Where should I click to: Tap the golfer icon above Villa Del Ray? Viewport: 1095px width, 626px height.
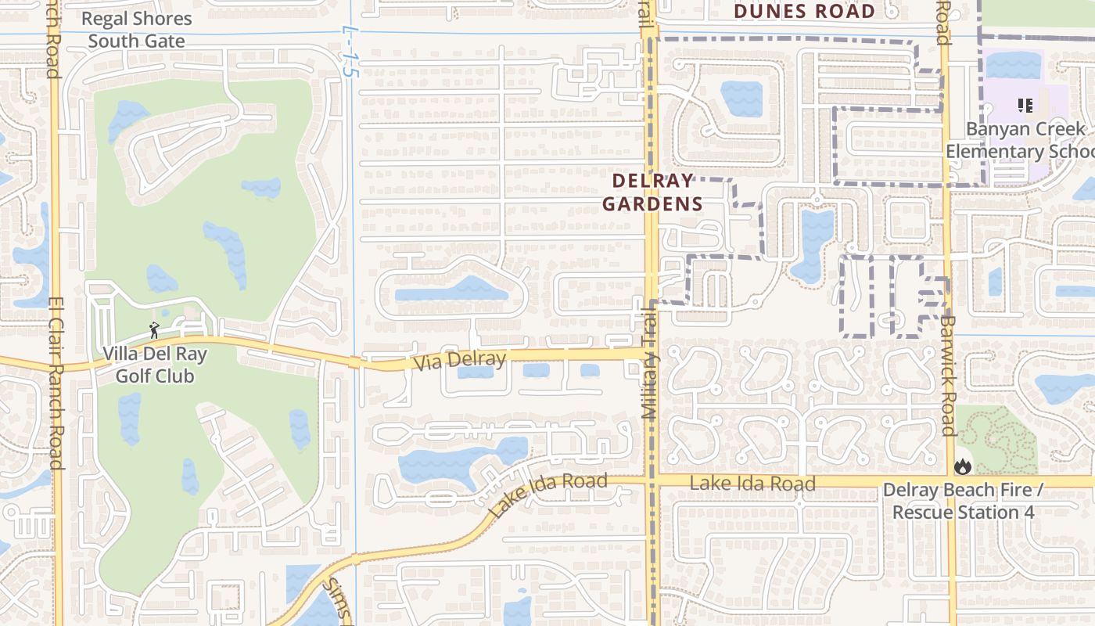pyautogui.click(x=154, y=330)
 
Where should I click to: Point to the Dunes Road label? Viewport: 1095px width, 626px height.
pyautogui.click(x=805, y=12)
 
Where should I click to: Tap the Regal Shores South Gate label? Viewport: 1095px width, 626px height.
pyautogui.click(x=136, y=30)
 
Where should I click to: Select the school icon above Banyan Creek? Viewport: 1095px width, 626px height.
pyautogui.click(x=1025, y=105)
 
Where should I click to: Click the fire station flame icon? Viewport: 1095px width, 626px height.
pyautogui.click(x=962, y=466)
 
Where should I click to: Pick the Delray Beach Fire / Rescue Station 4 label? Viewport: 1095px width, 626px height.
pyautogui.click(x=963, y=502)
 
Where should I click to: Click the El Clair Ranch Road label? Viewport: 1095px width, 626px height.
pyautogui.click(x=55, y=383)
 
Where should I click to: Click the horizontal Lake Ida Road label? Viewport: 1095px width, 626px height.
pyautogui.click(x=752, y=484)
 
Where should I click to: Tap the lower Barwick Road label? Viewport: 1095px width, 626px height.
pyautogui.click(x=948, y=376)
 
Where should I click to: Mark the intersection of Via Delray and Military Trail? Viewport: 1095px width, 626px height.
pyautogui.click(x=651, y=354)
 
